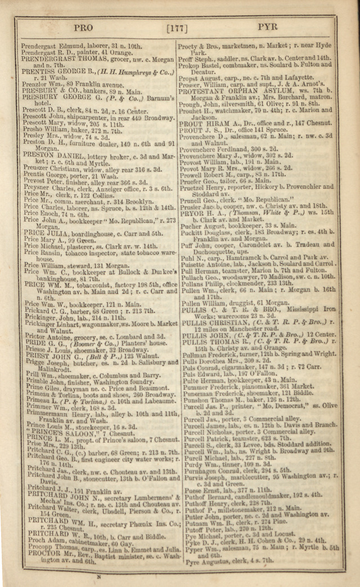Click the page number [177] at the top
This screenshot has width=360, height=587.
(x=178, y=27)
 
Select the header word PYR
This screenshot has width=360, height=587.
(x=268, y=27)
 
